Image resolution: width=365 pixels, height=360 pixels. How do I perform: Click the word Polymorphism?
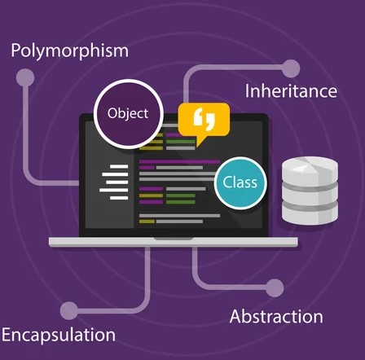coord(69,50)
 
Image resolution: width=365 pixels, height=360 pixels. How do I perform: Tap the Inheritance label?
coord(291,91)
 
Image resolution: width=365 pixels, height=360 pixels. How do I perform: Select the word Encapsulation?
coord(59,335)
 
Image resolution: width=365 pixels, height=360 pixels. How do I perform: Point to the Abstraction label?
coord(276,317)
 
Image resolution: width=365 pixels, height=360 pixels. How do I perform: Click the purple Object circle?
coord(129,114)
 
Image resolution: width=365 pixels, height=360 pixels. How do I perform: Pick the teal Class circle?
coord(240,182)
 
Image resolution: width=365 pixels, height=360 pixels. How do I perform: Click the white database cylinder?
coord(310,191)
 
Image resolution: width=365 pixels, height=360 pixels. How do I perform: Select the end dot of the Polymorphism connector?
coord(25,78)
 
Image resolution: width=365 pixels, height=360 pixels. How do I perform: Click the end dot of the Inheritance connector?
coord(291,68)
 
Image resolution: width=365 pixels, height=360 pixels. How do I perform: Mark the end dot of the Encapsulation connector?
coord(69,310)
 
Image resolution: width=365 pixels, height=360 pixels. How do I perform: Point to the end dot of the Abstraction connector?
coord(275,288)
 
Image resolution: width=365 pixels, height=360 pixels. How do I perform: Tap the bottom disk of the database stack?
coord(310,213)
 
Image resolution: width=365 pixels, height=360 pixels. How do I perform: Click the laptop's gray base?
coord(174,242)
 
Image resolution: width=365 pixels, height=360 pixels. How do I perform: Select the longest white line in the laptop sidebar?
coord(113,190)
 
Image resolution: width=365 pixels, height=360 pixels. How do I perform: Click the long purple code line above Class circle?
coord(179,162)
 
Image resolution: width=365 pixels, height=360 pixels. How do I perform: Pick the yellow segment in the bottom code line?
coord(147,222)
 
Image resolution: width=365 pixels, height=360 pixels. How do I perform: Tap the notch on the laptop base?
coord(174,239)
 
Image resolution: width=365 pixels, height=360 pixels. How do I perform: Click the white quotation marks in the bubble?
coord(204,119)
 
